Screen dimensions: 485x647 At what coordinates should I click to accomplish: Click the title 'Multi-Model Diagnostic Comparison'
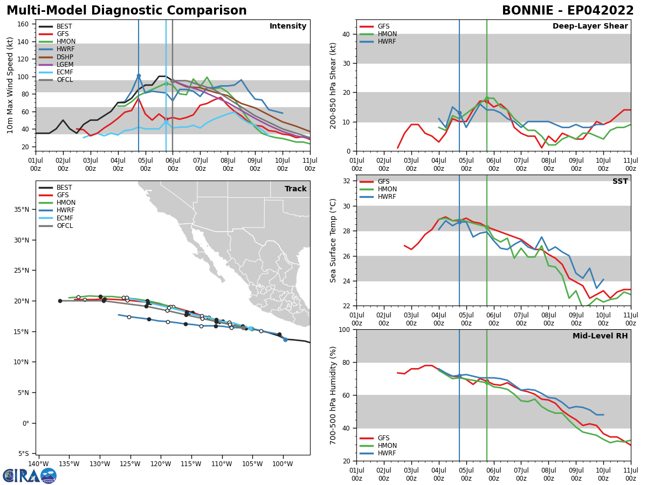click(127, 11)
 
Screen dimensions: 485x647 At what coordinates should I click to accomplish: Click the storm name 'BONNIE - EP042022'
click(568, 11)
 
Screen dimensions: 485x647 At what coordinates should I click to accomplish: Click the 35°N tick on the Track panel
click(24, 210)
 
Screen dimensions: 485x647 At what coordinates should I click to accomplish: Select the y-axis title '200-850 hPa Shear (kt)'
click(333, 85)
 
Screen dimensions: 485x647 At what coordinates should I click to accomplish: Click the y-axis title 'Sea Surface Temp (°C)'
click(333, 240)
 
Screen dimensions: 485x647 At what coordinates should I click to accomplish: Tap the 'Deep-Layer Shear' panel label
click(590, 26)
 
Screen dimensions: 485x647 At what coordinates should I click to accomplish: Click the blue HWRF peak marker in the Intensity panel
click(139, 76)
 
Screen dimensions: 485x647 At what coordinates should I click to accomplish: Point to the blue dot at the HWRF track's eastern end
click(285, 339)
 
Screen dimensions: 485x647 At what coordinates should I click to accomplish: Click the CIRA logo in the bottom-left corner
click(30, 476)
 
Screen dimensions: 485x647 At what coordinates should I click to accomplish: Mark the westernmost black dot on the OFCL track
click(60, 301)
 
